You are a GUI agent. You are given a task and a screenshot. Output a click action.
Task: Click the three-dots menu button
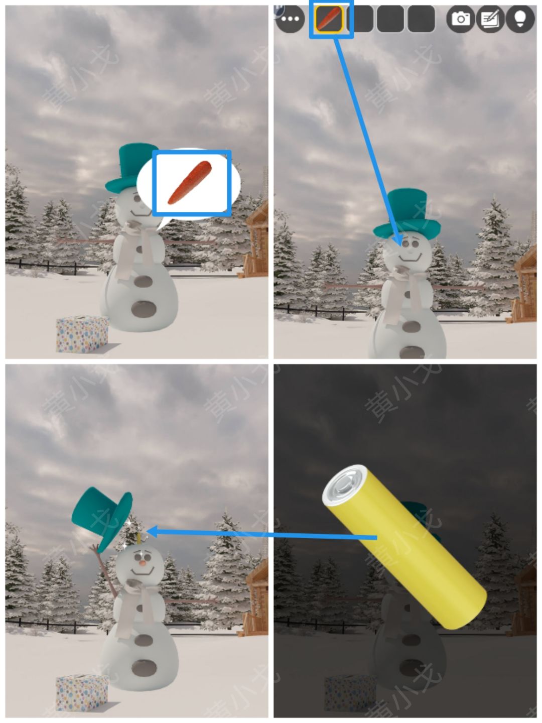tap(290, 19)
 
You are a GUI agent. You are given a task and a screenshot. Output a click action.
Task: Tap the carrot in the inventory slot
tap(329, 19)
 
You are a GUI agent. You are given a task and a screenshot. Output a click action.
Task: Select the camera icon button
tap(460, 19)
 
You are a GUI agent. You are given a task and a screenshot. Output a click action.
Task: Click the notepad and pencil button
tap(490, 19)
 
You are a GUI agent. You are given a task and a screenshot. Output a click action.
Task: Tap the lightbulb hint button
tap(520, 19)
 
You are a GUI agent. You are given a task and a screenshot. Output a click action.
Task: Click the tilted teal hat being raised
tap(103, 517)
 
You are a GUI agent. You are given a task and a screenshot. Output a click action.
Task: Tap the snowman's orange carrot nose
tap(142, 563)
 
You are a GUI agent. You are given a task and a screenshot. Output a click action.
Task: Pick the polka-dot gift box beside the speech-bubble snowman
tap(82, 333)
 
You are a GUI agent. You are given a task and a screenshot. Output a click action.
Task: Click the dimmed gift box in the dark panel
tap(350, 693)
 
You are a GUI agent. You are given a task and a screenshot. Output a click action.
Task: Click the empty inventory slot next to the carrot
tap(360, 19)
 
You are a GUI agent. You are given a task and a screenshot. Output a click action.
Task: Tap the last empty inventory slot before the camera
tap(421, 19)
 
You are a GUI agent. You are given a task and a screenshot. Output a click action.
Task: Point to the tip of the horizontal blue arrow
tap(149, 531)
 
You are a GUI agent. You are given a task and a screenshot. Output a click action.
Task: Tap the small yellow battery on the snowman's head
tap(139, 539)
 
